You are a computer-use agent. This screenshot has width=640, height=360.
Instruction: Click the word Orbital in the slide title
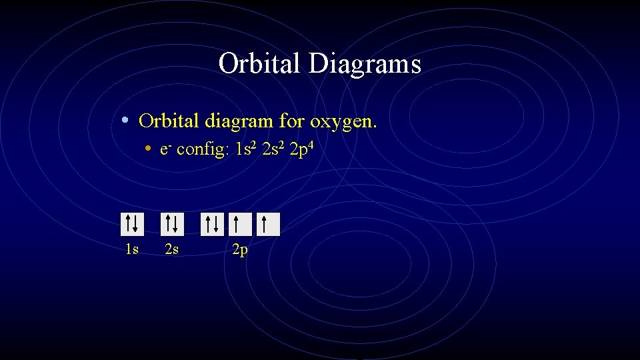[259, 65]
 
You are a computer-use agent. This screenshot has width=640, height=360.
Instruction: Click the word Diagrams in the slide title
[365, 65]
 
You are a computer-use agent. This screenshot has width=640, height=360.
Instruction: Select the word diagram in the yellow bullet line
[239, 121]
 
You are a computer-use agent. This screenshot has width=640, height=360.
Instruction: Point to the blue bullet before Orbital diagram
[126, 121]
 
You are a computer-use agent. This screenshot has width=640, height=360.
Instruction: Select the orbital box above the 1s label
[132, 225]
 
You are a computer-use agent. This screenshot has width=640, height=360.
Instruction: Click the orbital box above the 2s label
[172, 225]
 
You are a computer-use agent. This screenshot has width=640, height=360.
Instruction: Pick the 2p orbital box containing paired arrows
[213, 225]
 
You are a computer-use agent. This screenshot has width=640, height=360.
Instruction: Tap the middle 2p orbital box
[240, 225]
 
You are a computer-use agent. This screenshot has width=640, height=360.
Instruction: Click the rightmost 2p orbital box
[268, 225]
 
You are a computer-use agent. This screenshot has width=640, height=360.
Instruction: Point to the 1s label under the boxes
[132, 250]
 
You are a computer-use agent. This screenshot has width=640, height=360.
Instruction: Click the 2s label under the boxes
[172, 250]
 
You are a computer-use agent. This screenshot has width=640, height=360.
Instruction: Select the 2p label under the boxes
[239, 251]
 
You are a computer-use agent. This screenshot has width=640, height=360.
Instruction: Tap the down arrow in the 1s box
[135, 225]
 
